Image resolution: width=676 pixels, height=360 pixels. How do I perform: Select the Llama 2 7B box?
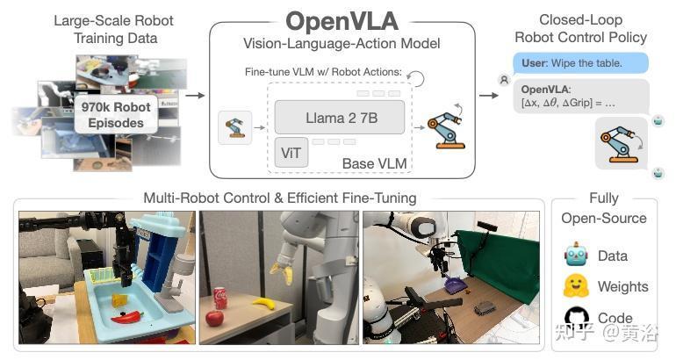point(340,117)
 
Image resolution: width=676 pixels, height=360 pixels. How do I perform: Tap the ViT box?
point(291,152)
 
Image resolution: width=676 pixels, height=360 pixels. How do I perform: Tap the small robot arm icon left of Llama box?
point(234,127)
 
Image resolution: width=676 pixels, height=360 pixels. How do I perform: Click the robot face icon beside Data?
point(576,256)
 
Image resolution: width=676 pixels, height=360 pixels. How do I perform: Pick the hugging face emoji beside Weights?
point(576,286)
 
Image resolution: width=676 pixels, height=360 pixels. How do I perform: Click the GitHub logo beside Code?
point(576,317)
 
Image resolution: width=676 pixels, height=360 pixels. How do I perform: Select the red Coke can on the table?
point(220,299)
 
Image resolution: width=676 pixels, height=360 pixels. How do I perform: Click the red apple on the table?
point(214,318)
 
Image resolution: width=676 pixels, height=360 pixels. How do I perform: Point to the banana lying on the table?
point(264,304)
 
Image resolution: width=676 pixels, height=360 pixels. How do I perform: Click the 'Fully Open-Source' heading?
point(603,208)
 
